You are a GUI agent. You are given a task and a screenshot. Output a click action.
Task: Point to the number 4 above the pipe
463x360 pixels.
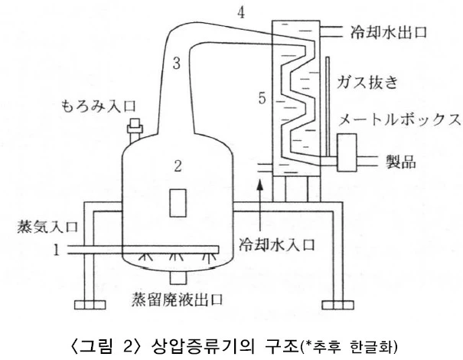click(x=240, y=12)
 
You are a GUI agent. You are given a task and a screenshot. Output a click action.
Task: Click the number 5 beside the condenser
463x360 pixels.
click(x=262, y=99)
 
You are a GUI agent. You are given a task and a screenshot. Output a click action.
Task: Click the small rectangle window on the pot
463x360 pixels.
click(x=178, y=202)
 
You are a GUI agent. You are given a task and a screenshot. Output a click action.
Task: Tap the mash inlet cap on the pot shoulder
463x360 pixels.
click(x=137, y=125)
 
